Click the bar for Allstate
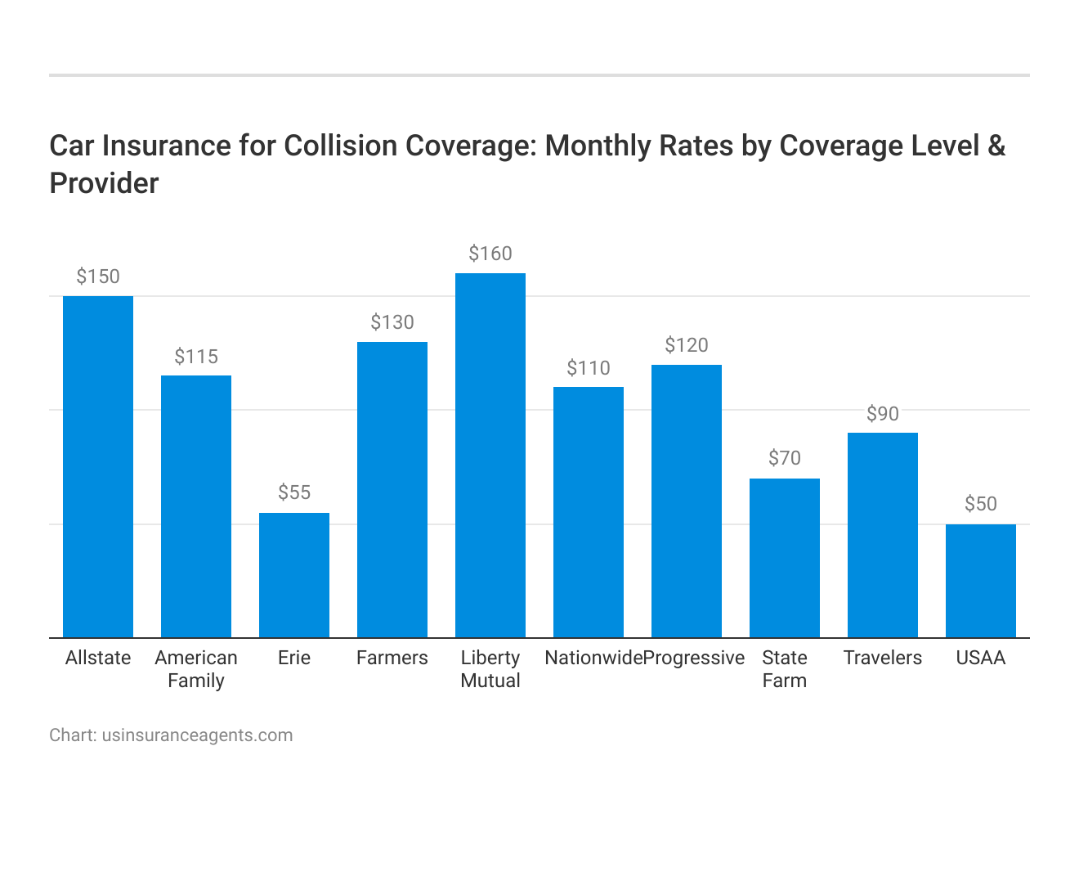click(98, 466)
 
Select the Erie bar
click(294, 575)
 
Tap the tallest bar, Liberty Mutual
click(490, 455)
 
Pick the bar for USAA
click(981, 581)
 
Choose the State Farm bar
click(785, 558)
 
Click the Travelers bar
click(883, 535)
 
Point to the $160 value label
click(490, 254)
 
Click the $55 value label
click(294, 492)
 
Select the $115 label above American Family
click(196, 357)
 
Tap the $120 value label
click(687, 345)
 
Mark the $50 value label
click(981, 504)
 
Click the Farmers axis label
click(392, 658)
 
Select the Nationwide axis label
click(593, 658)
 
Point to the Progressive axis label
click(694, 658)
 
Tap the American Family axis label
click(196, 669)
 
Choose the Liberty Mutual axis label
click(490, 669)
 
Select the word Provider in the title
click(104, 183)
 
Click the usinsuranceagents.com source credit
click(197, 735)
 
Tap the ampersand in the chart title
click(996, 146)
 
